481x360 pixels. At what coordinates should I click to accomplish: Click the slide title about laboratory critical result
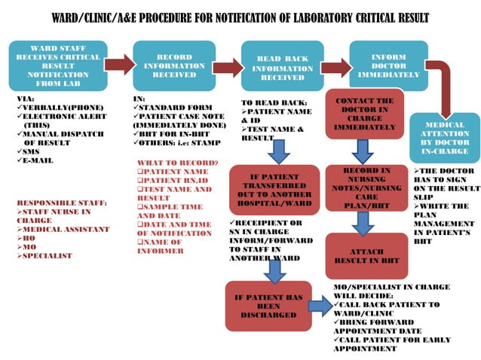pos(240,17)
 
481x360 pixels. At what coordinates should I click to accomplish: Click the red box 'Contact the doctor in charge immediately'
pos(364,115)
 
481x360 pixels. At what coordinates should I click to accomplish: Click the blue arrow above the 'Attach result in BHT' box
pos(363,221)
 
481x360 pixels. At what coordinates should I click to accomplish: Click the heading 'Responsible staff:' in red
pos(61,203)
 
